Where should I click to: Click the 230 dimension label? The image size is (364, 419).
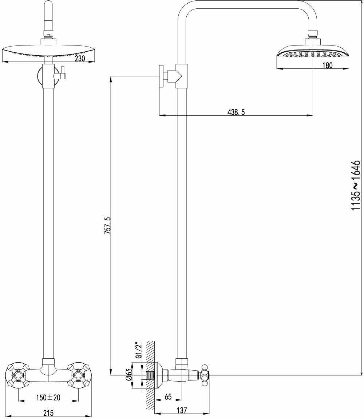[x=80, y=58]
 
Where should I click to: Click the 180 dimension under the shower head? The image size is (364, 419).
[x=328, y=65]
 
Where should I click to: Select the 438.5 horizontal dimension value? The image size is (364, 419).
[x=236, y=112]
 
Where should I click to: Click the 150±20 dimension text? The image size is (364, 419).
[x=48, y=398]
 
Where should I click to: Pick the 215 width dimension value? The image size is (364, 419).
[x=48, y=413]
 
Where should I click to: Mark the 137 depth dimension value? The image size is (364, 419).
[x=182, y=410]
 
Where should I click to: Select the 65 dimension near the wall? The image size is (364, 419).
[x=168, y=397]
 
